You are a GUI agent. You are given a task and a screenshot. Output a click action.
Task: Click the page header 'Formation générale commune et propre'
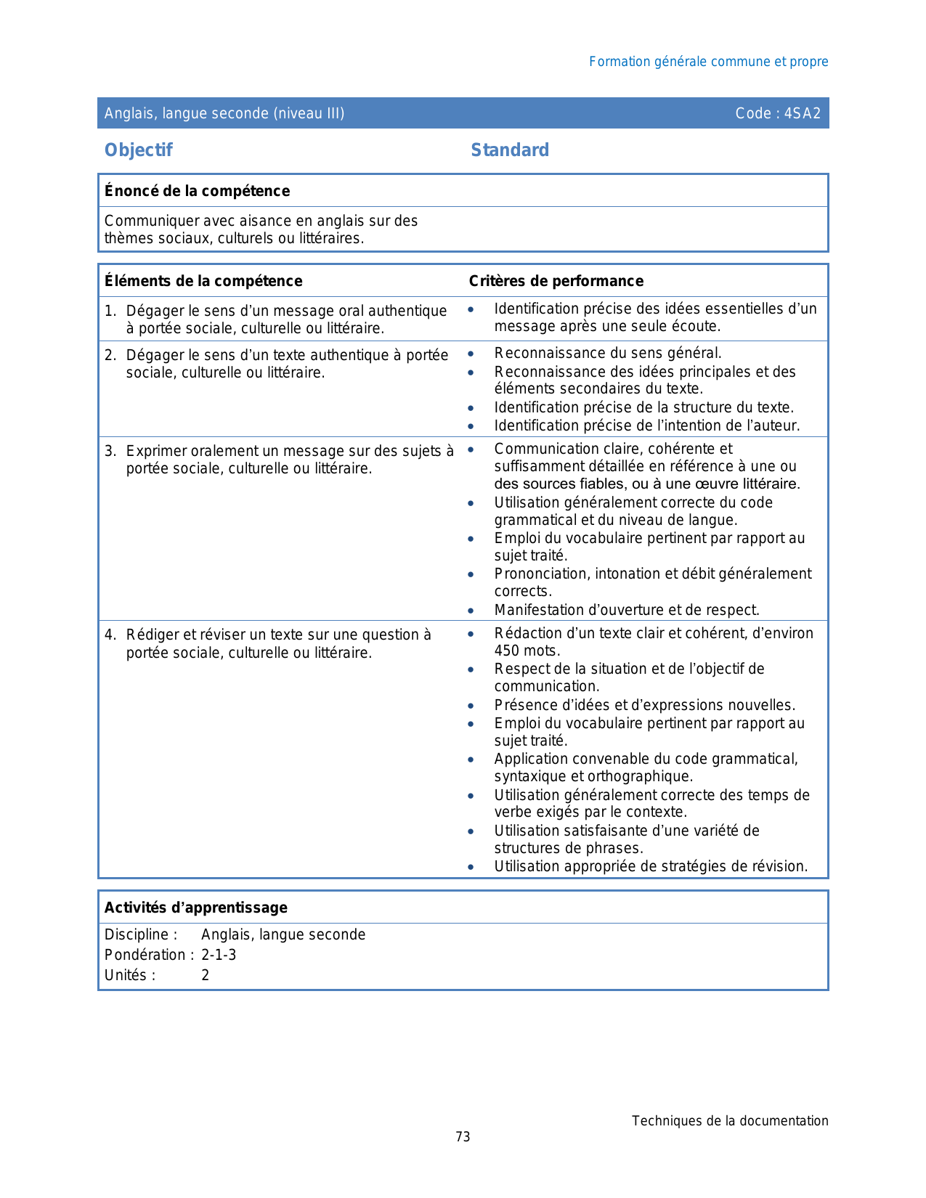pyautogui.click(x=708, y=62)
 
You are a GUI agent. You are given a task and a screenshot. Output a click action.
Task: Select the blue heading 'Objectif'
pyautogui.click(x=139, y=150)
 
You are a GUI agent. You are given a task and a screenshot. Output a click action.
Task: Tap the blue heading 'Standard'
pyautogui.click(x=510, y=150)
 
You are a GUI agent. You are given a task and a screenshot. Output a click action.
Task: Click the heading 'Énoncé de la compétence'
pyautogui.click(x=197, y=191)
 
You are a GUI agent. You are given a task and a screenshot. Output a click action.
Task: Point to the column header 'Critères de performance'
pyautogui.click(x=556, y=281)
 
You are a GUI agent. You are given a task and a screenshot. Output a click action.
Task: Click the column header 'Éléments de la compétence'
pyautogui.click(x=203, y=281)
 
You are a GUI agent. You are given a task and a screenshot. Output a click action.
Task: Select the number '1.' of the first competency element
pyautogui.click(x=110, y=311)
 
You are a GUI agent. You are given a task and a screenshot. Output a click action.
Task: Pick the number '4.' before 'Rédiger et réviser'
pyautogui.click(x=110, y=635)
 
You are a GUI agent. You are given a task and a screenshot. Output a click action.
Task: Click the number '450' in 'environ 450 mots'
pyautogui.click(x=506, y=651)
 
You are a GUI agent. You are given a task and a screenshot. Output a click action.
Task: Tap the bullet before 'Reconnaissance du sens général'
pyautogui.click(x=471, y=354)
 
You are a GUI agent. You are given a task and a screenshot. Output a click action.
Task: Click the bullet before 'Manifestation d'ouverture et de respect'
pyautogui.click(x=471, y=611)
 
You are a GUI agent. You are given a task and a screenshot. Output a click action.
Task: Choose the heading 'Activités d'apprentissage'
pyautogui.click(x=196, y=908)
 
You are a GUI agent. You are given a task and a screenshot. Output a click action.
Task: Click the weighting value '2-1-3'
pyautogui.click(x=219, y=955)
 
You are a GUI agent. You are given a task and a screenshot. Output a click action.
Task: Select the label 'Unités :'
pyautogui.click(x=130, y=975)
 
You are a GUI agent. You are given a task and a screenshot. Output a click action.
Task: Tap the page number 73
pyautogui.click(x=463, y=1137)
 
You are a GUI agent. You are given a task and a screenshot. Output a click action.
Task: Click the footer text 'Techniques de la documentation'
pyautogui.click(x=729, y=1121)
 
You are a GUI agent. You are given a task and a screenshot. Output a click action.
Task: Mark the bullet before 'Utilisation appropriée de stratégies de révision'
pyautogui.click(x=471, y=867)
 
